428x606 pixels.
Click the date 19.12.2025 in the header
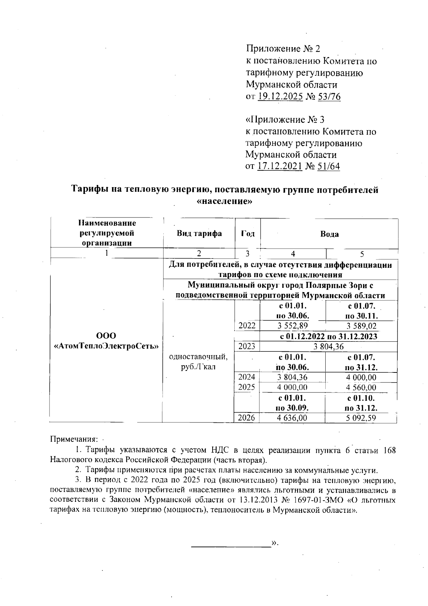[x=280, y=96]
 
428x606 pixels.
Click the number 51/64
[x=328, y=166]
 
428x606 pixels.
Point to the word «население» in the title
[x=225, y=201]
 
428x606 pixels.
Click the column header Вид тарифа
[x=199, y=234]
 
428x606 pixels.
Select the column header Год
[x=248, y=234]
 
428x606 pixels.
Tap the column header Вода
[x=329, y=234]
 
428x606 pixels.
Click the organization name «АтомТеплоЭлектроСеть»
[x=106, y=346]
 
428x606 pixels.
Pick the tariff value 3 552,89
[x=292, y=326]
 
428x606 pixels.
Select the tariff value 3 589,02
[x=361, y=326]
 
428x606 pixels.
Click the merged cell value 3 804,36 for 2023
[x=328, y=346]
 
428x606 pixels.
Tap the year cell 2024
[x=247, y=377]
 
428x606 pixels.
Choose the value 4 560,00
[x=361, y=387]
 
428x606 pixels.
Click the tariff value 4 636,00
[x=292, y=418]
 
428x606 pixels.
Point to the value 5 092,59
[x=361, y=418]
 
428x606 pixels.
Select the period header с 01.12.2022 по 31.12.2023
[x=328, y=336]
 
